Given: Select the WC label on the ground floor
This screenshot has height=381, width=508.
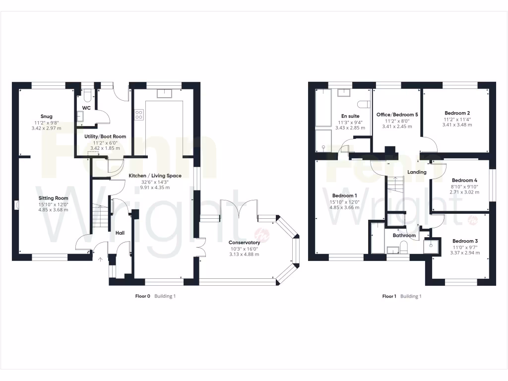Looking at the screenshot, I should pyautogui.click(x=86, y=108).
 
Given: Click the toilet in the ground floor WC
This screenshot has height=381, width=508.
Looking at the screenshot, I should pyautogui.click(x=87, y=95).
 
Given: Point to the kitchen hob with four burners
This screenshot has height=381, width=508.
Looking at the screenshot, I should pyautogui.click(x=139, y=115).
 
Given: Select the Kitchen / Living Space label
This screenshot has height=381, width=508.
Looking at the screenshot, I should pyautogui.click(x=155, y=176).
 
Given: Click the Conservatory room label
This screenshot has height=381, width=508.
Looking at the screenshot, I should pyautogui.click(x=244, y=243).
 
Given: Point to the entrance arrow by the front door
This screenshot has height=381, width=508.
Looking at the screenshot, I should pyautogui.click(x=101, y=258).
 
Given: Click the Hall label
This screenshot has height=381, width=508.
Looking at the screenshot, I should pyautogui.click(x=120, y=233).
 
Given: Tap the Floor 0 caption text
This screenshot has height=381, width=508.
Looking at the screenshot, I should pyautogui.click(x=142, y=296).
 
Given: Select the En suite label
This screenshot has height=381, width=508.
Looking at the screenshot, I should pyautogui.click(x=350, y=116).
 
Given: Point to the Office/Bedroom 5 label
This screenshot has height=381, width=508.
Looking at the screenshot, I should pyautogui.click(x=397, y=115).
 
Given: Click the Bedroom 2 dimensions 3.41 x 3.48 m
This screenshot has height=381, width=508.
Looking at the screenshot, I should pyautogui.click(x=457, y=125).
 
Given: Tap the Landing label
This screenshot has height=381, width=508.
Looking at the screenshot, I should pyautogui.click(x=417, y=172).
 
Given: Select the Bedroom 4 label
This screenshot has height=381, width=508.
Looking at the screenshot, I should pyautogui.click(x=465, y=180).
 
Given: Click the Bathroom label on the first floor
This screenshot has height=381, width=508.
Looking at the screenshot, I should pyautogui.click(x=404, y=235).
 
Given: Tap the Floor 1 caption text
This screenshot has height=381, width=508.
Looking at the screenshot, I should pyautogui.click(x=389, y=296).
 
